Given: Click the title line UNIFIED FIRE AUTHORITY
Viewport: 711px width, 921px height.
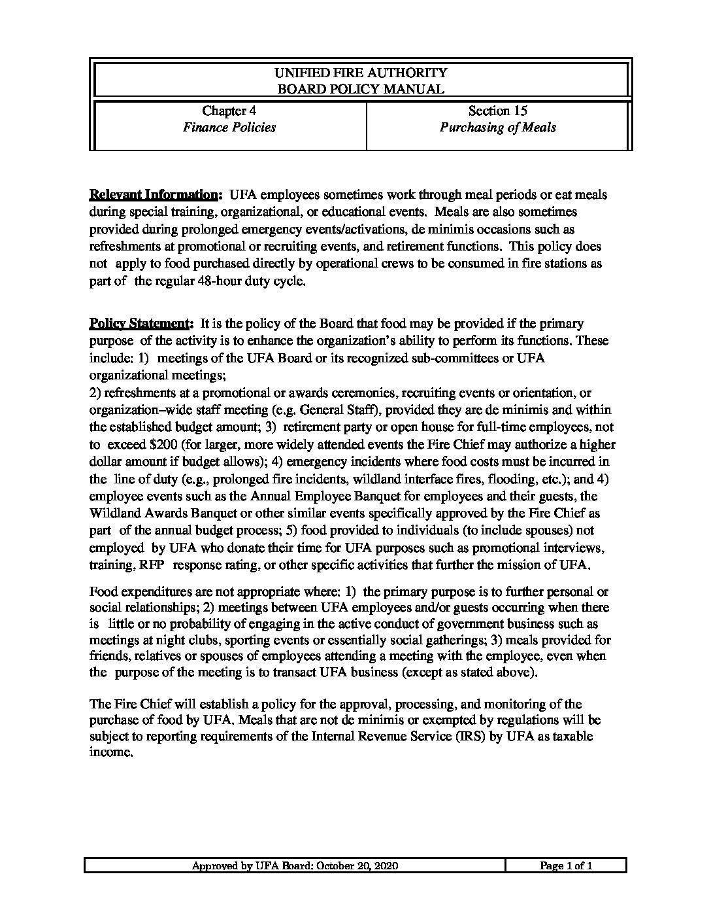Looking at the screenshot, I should click(x=361, y=73).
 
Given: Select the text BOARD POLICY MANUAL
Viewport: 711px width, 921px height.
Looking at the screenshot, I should click(x=361, y=90).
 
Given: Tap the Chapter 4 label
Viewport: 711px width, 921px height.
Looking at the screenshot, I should click(x=229, y=111).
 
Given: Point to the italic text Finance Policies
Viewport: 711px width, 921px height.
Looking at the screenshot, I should click(x=229, y=128).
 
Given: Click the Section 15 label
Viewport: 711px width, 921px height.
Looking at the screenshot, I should click(x=497, y=111).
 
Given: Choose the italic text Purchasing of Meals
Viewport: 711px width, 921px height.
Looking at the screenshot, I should click(x=497, y=128).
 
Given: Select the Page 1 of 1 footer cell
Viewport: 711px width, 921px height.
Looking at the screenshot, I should click(x=566, y=866).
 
